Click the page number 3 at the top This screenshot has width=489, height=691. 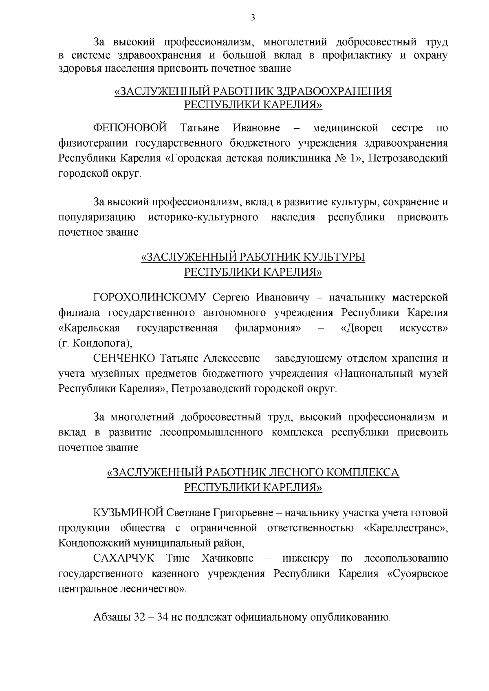point(253,18)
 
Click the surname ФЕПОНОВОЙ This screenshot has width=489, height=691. point(130,128)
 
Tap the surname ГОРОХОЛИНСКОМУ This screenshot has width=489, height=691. point(151,297)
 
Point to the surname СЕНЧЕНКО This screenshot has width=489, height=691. point(124,358)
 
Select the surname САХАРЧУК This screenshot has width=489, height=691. point(124,558)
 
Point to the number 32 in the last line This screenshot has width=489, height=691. point(139,617)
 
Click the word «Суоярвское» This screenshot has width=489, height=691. point(418,574)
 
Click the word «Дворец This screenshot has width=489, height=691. point(361,328)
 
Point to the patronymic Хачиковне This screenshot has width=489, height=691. point(227,558)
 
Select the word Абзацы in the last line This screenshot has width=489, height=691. point(111,617)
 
